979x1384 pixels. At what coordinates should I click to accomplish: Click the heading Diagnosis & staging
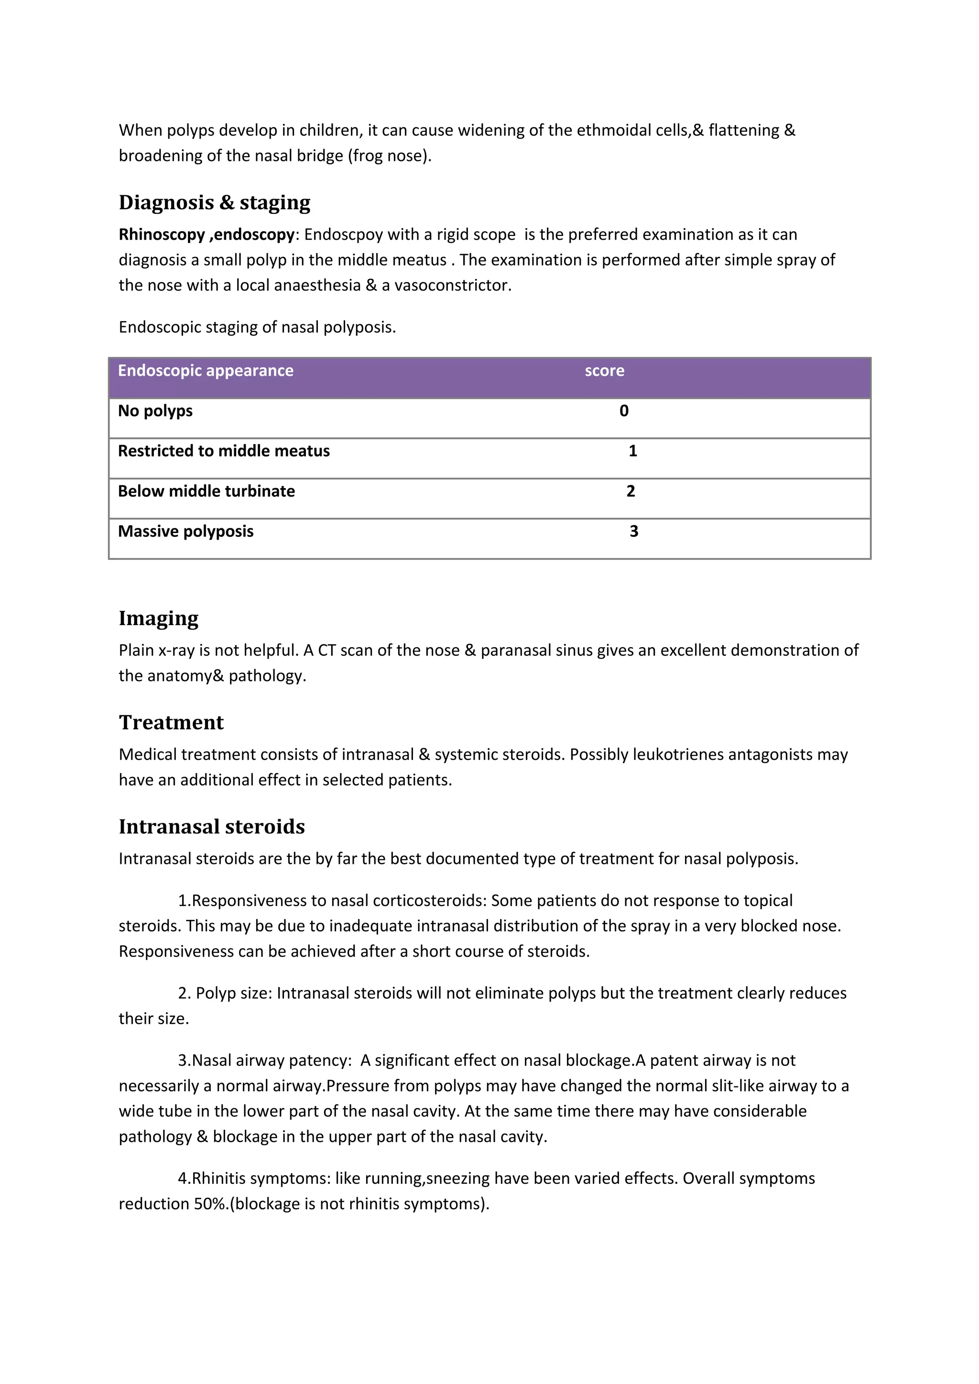(214, 202)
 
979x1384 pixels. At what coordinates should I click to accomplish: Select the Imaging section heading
(158, 618)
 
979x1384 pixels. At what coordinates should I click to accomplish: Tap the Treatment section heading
(171, 722)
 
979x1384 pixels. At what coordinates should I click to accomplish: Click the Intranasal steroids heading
(211, 826)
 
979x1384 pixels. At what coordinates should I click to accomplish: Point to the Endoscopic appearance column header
(205, 371)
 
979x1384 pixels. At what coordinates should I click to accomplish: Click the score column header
(604, 371)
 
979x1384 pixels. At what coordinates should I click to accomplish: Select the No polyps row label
(155, 411)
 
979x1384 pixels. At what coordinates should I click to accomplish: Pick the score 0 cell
(624, 411)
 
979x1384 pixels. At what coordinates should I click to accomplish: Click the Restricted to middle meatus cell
(223, 451)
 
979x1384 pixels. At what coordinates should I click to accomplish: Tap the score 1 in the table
(632, 451)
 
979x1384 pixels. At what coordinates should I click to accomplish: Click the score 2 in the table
(631, 491)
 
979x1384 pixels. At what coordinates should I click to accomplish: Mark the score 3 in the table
(633, 532)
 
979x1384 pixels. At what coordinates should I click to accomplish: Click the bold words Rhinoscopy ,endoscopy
(207, 234)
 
